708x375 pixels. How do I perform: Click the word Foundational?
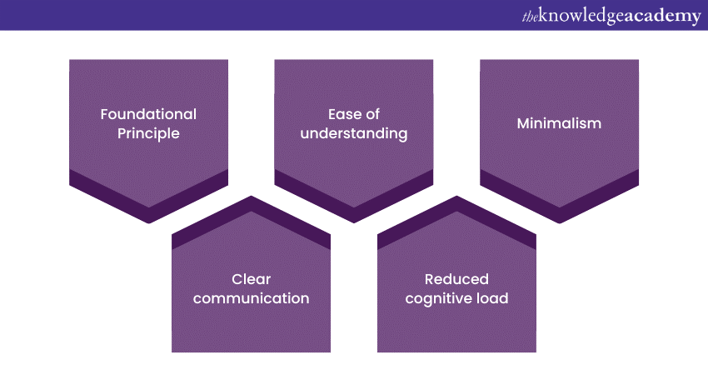[148, 114]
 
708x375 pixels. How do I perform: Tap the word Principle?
[148, 132]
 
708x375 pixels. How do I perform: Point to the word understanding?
[355, 132]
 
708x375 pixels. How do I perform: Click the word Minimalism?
[559, 123]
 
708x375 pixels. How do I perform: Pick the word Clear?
[252, 279]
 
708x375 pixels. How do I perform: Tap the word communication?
[252, 297]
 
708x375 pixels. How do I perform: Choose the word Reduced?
[456, 279]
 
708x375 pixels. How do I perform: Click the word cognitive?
[438, 297]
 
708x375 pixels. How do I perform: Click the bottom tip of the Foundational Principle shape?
[148, 222]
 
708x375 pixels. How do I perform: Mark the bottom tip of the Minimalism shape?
[559, 222]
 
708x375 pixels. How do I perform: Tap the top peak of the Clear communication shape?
[252, 197]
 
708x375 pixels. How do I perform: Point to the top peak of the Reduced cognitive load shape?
[456, 197]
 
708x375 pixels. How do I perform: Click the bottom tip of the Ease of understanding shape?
[354, 222]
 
